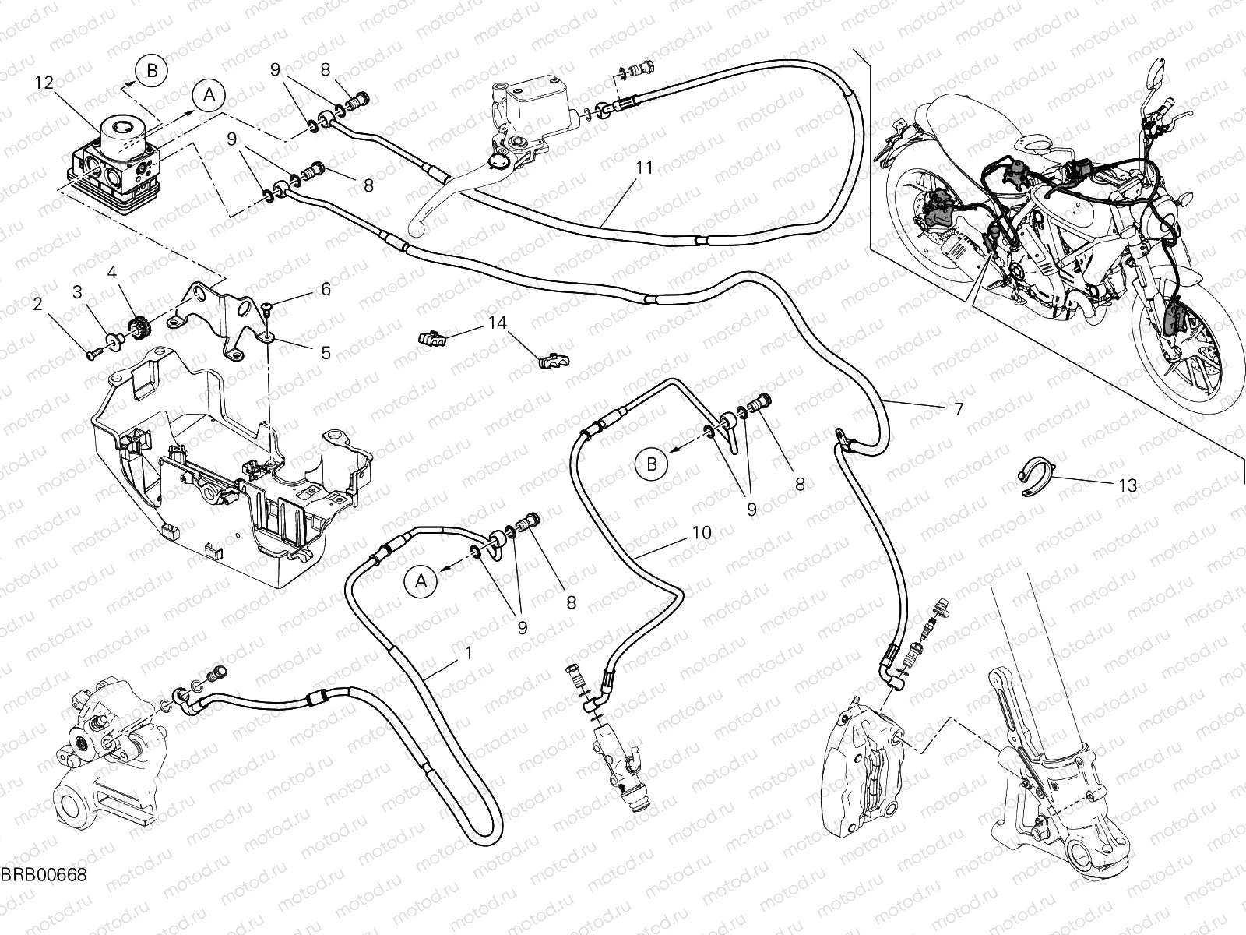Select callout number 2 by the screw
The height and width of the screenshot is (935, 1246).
37,305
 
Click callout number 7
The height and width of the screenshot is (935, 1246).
958,408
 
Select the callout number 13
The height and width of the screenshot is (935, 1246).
1127,485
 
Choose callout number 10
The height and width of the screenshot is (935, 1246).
701,533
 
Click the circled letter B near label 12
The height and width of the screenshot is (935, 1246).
152,71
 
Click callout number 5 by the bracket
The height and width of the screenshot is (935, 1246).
326,353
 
